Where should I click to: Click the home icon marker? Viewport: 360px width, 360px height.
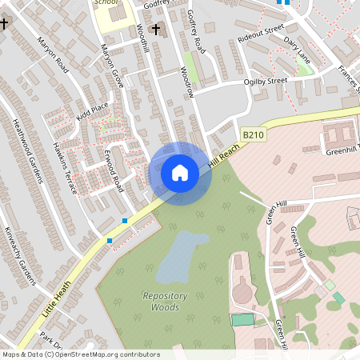coord(180,173)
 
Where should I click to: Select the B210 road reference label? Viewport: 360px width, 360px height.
coord(254,138)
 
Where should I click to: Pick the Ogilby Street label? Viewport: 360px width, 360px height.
coord(266,81)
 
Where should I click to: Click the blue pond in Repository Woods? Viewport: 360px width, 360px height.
coord(182,256)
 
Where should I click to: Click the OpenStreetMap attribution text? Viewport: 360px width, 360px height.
coord(80,354)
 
